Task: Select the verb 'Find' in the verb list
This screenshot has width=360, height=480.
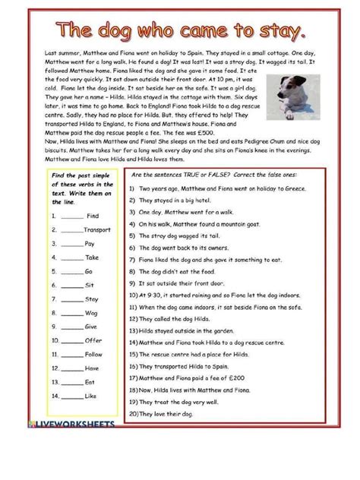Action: point(93,216)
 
